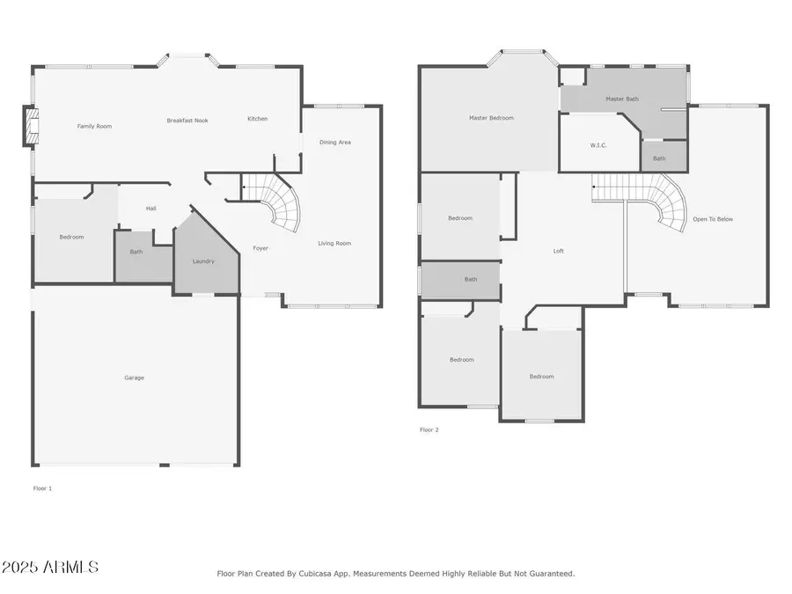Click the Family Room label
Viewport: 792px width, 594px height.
pyautogui.click(x=94, y=127)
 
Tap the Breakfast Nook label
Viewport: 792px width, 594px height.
pyautogui.click(x=187, y=121)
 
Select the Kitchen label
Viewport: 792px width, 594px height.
pyautogui.click(x=257, y=119)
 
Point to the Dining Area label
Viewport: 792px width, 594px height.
pyautogui.click(x=334, y=142)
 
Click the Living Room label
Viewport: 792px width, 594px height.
pyautogui.click(x=334, y=244)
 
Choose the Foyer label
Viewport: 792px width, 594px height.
pyautogui.click(x=260, y=248)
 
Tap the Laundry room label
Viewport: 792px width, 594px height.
pyautogui.click(x=203, y=261)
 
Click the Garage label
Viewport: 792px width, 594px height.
pyautogui.click(x=134, y=378)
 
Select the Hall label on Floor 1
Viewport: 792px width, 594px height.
pyautogui.click(x=150, y=209)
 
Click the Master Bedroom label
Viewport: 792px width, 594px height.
pyautogui.click(x=491, y=118)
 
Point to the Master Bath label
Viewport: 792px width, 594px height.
pyautogui.click(x=621, y=99)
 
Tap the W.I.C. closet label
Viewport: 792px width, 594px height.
pyautogui.click(x=598, y=145)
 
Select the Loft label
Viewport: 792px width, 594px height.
pyautogui.click(x=558, y=252)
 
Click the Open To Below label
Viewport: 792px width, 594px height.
pyautogui.click(x=712, y=219)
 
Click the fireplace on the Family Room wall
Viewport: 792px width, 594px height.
pyautogui.click(x=32, y=126)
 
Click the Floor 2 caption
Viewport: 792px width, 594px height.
pyautogui.click(x=429, y=430)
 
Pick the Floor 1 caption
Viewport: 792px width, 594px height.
pyautogui.click(x=42, y=488)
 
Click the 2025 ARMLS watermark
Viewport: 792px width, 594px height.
pyautogui.click(x=50, y=568)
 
